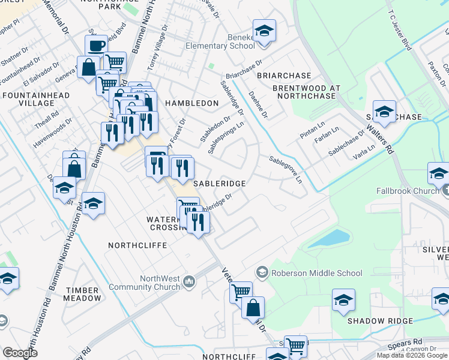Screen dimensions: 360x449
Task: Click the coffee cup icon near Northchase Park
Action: click(x=95, y=46)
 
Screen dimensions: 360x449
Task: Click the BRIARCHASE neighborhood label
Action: click(x=284, y=76)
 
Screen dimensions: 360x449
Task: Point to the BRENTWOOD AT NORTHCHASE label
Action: click(x=307, y=92)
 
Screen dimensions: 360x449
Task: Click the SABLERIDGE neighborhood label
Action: click(x=218, y=182)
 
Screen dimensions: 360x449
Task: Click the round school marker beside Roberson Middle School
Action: click(x=262, y=273)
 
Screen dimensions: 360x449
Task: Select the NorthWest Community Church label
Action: click(x=160, y=283)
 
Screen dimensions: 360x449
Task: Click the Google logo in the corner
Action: click(x=20, y=353)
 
